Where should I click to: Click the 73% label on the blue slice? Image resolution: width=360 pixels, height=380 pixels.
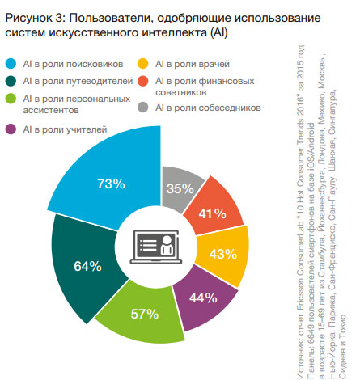click(x=111, y=184)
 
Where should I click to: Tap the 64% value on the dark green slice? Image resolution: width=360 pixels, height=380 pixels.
click(x=87, y=266)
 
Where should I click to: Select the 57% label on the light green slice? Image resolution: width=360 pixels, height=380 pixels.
click(x=145, y=314)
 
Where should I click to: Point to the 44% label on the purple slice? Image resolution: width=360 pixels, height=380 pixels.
click(x=203, y=298)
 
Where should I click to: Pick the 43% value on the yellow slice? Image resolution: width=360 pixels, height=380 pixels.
click(x=223, y=254)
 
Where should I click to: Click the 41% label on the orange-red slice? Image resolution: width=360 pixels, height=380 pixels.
click(x=213, y=214)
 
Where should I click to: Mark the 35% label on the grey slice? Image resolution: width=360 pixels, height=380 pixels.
click(x=180, y=188)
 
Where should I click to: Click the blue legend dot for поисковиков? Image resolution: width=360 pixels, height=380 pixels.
click(x=11, y=64)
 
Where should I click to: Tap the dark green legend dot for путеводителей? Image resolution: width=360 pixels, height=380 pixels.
click(x=11, y=81)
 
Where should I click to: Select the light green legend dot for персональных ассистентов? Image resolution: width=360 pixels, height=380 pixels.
click(x=11, y=99)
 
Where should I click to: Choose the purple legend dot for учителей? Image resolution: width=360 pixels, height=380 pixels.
click(x=11, y=129)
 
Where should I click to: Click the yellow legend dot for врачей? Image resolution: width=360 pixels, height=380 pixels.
click(x=143, y=64)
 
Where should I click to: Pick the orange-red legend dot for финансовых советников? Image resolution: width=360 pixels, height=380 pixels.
click(x=143, y=81)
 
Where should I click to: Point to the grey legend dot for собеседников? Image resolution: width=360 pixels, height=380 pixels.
click(x=143, y=108)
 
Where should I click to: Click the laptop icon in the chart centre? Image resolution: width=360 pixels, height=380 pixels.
click(x=156, y=247)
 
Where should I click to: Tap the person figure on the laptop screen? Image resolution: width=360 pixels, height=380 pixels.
click(x=167, y=245)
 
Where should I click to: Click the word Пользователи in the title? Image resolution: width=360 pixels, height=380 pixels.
click(x=112, y=18)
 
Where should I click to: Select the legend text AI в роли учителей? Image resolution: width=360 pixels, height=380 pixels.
click(x=65, y=129)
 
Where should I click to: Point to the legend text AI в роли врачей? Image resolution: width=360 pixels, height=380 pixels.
click(x=193, y=64)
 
